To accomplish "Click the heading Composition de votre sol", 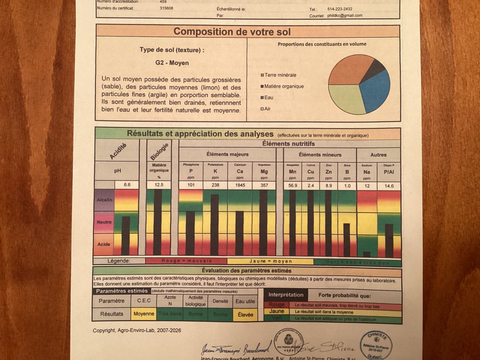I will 232,32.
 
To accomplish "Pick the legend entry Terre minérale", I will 280,75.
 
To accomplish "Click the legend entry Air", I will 267,109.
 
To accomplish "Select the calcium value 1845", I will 240,186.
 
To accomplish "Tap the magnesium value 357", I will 264,186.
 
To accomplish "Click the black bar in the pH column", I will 126,236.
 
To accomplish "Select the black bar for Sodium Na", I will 366,254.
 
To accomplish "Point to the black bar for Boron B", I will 347,240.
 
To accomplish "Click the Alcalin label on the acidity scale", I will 104,200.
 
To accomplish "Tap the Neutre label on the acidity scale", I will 104,222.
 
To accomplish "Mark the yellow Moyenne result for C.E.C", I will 144,314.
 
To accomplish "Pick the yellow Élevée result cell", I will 245,314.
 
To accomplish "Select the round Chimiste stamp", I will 376,345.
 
